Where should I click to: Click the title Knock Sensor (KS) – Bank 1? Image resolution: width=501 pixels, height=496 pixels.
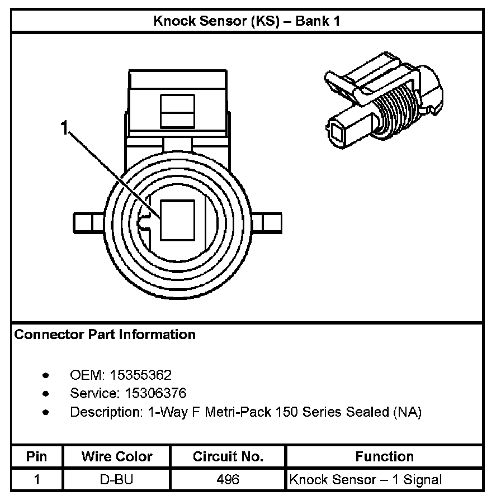pyautogui.click(x=247, y=22)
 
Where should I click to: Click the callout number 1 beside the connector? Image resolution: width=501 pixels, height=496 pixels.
pyautogui.click(x=66, y=129)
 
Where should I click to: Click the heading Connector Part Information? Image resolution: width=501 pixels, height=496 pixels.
pyautogui.click(x=105, y=335)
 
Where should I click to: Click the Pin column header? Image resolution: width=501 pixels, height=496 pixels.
pyautogui.click(x=37, y=456)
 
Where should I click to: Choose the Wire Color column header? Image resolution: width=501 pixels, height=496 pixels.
pyautogui.click(x=117, y=456)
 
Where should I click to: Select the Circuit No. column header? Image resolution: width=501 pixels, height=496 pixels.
pyautogui.click(x=228, y=456)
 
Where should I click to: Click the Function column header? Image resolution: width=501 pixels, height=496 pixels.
pyautogui.click(x=384, y=456)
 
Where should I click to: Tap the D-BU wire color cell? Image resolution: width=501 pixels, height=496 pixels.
pyautogui.click(x=117, y=479)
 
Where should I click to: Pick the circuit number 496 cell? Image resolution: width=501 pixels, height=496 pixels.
pyautogui.click(x=228, y=479)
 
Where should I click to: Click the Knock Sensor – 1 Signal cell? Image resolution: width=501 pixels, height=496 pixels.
pyautogui.click(x=366, y=479)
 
